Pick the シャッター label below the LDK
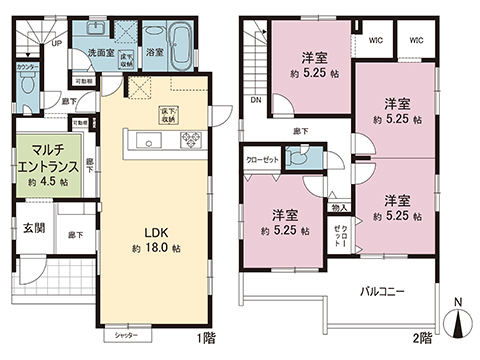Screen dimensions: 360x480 [125, 336]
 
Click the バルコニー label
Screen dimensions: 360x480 [382, 291]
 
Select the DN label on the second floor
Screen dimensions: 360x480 [255, 100]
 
